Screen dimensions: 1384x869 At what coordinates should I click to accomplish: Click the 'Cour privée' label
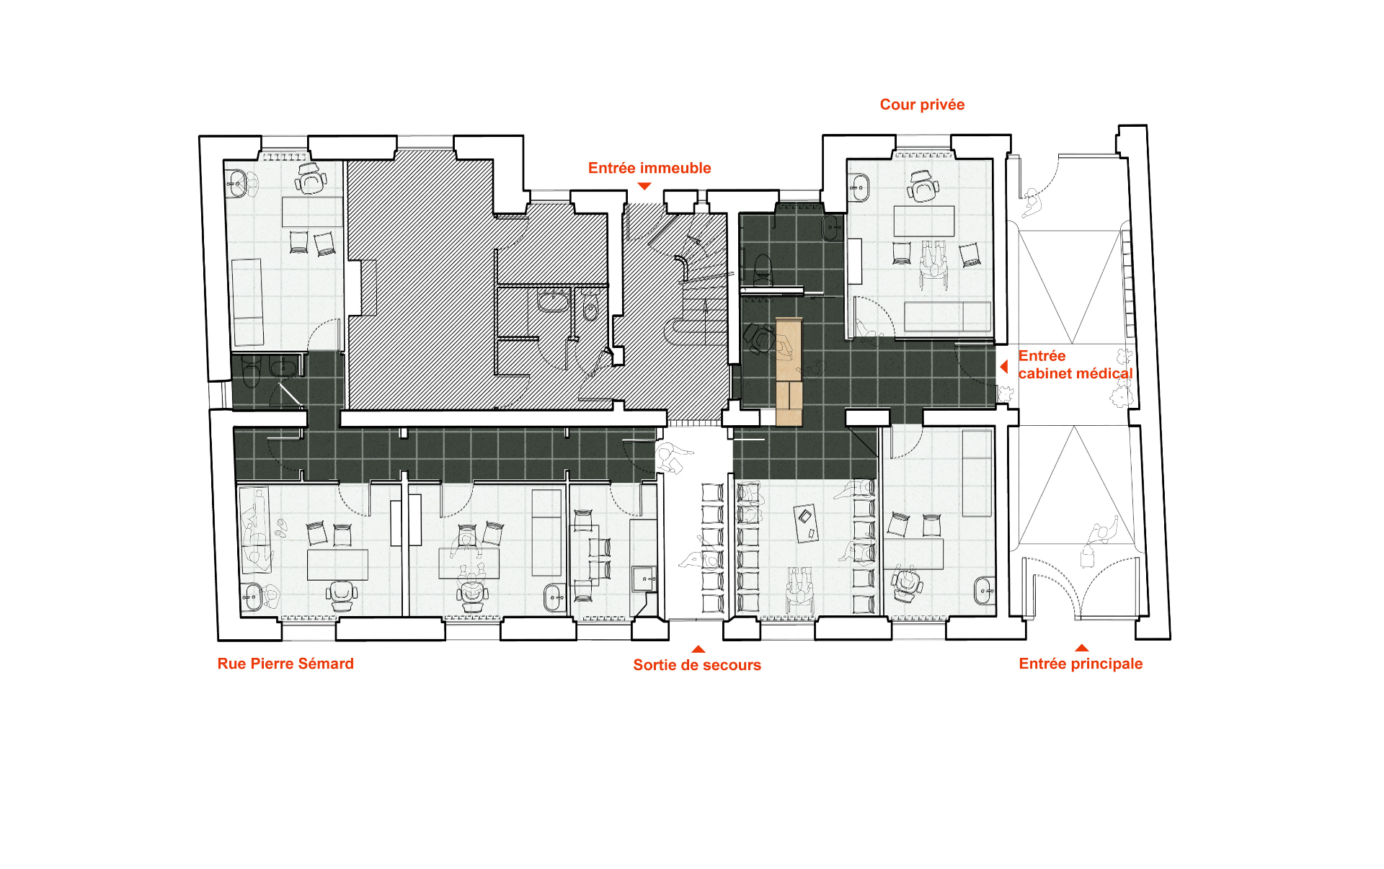[x=922, y=104]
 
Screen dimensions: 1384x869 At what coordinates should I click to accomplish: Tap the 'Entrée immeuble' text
[x=649, y=168]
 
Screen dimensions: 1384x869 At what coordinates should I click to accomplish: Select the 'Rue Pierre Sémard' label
[x=285, y=664]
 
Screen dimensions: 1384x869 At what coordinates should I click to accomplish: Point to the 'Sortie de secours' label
[x=697, y=665]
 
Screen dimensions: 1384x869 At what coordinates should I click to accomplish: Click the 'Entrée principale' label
[x=1081, y=664]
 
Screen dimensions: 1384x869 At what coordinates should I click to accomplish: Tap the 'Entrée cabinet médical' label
[x=1075, y=365]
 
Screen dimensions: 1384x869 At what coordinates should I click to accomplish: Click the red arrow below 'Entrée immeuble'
[x=644, y=186]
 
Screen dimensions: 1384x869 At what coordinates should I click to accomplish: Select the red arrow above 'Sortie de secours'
[x=698, y=649]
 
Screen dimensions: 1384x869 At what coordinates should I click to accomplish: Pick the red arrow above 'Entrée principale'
[x=1081, y=648]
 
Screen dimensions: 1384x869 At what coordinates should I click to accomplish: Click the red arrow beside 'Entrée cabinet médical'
[x=1003, y=367]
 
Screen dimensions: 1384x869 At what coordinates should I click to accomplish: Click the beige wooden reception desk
[x=789, y=371]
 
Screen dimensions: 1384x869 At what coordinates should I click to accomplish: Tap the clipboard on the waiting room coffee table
[x=804, y=516]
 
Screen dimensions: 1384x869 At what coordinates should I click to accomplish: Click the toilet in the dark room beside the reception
[x=763, y=269]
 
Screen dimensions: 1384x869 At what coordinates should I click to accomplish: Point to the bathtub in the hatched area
[x=553, y=301]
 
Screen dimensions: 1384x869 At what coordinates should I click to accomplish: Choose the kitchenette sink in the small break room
[x=644, y=579]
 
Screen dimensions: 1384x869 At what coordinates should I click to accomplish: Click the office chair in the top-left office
[x=311, y=178]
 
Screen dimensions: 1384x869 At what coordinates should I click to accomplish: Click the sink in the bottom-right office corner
[x=984, y=591]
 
